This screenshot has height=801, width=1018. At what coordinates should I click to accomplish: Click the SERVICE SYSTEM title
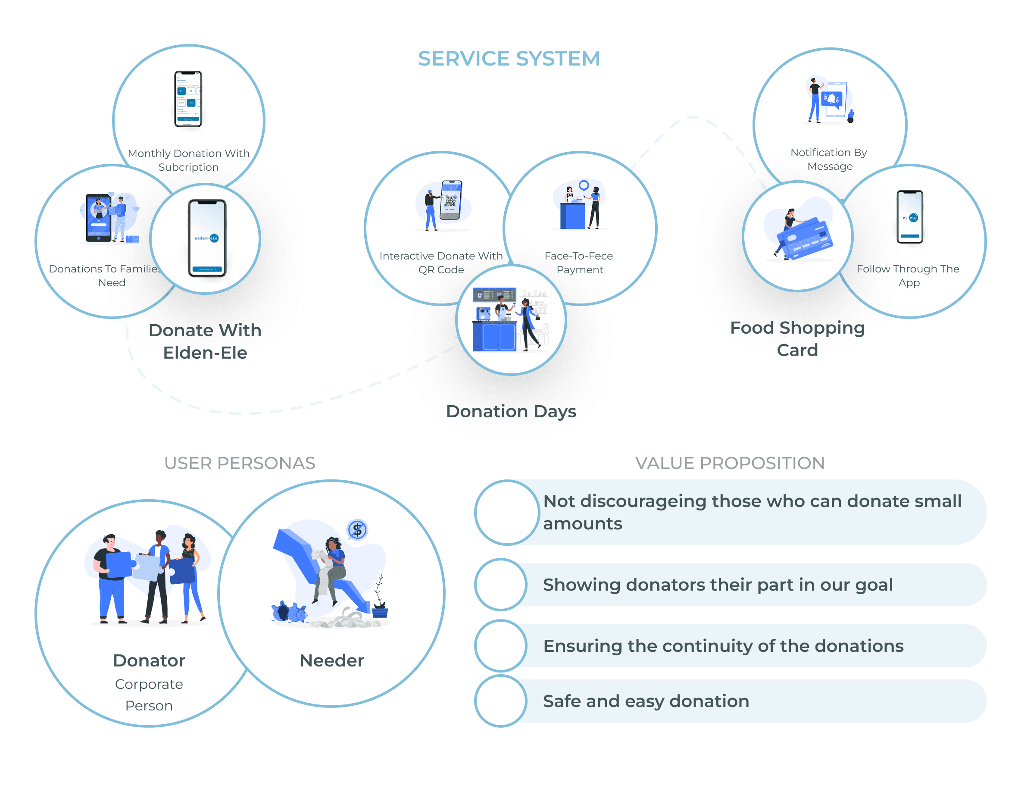(508, 59)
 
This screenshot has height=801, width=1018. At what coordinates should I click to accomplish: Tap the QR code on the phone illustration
(450, 201)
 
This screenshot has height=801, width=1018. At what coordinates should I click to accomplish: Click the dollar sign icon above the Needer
(357, 530)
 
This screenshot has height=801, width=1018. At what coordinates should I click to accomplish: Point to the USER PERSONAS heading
(240, 463)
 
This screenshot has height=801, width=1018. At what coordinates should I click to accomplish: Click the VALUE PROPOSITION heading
(729, 463)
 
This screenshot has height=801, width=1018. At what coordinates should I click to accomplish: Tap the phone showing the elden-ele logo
(207, 238)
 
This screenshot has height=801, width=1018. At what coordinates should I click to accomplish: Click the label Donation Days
(511, 411)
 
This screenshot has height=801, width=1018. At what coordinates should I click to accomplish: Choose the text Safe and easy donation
(646, 701)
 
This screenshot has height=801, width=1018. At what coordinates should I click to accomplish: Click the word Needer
(331, 660)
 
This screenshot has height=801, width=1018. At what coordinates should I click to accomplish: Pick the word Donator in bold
(149, 660)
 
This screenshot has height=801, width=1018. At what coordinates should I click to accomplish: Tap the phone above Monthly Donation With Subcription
(188, 99)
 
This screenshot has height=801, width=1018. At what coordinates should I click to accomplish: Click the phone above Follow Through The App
(909, 217)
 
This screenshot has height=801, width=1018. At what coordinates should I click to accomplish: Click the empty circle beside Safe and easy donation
(500, 701)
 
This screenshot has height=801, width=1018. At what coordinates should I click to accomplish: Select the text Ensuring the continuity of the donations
(723, 646)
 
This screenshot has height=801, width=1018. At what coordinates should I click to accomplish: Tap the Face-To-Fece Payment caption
(579, 263)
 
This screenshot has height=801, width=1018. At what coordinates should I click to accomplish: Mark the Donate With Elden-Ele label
(205, 341)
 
